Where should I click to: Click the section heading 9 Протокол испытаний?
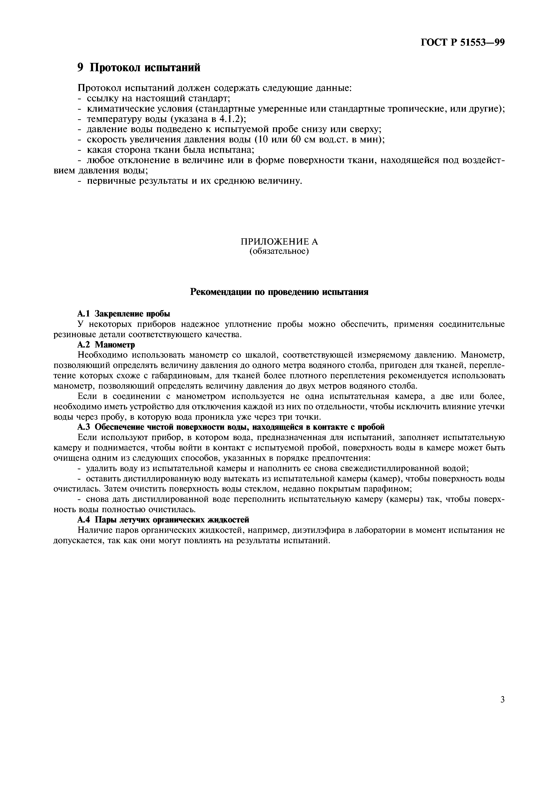point(139,68)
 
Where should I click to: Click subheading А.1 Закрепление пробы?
point(124,314)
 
